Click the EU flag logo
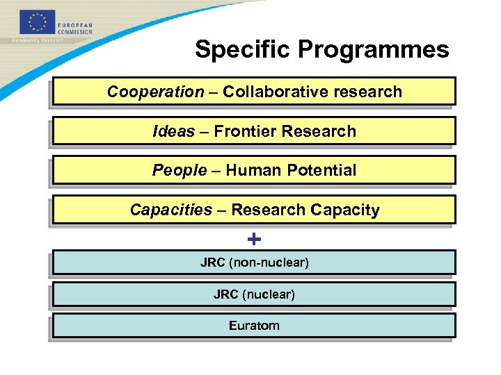coord(37,22)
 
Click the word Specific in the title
coord(244,50)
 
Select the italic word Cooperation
coord(155,92)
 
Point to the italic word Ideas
coord(173,131)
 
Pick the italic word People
coord(179,170)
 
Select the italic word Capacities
coord(170,210)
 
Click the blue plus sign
coord(255,240)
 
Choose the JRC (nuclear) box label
coord(254,294)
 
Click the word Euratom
coord(254,326)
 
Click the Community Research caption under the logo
coord(38,41)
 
